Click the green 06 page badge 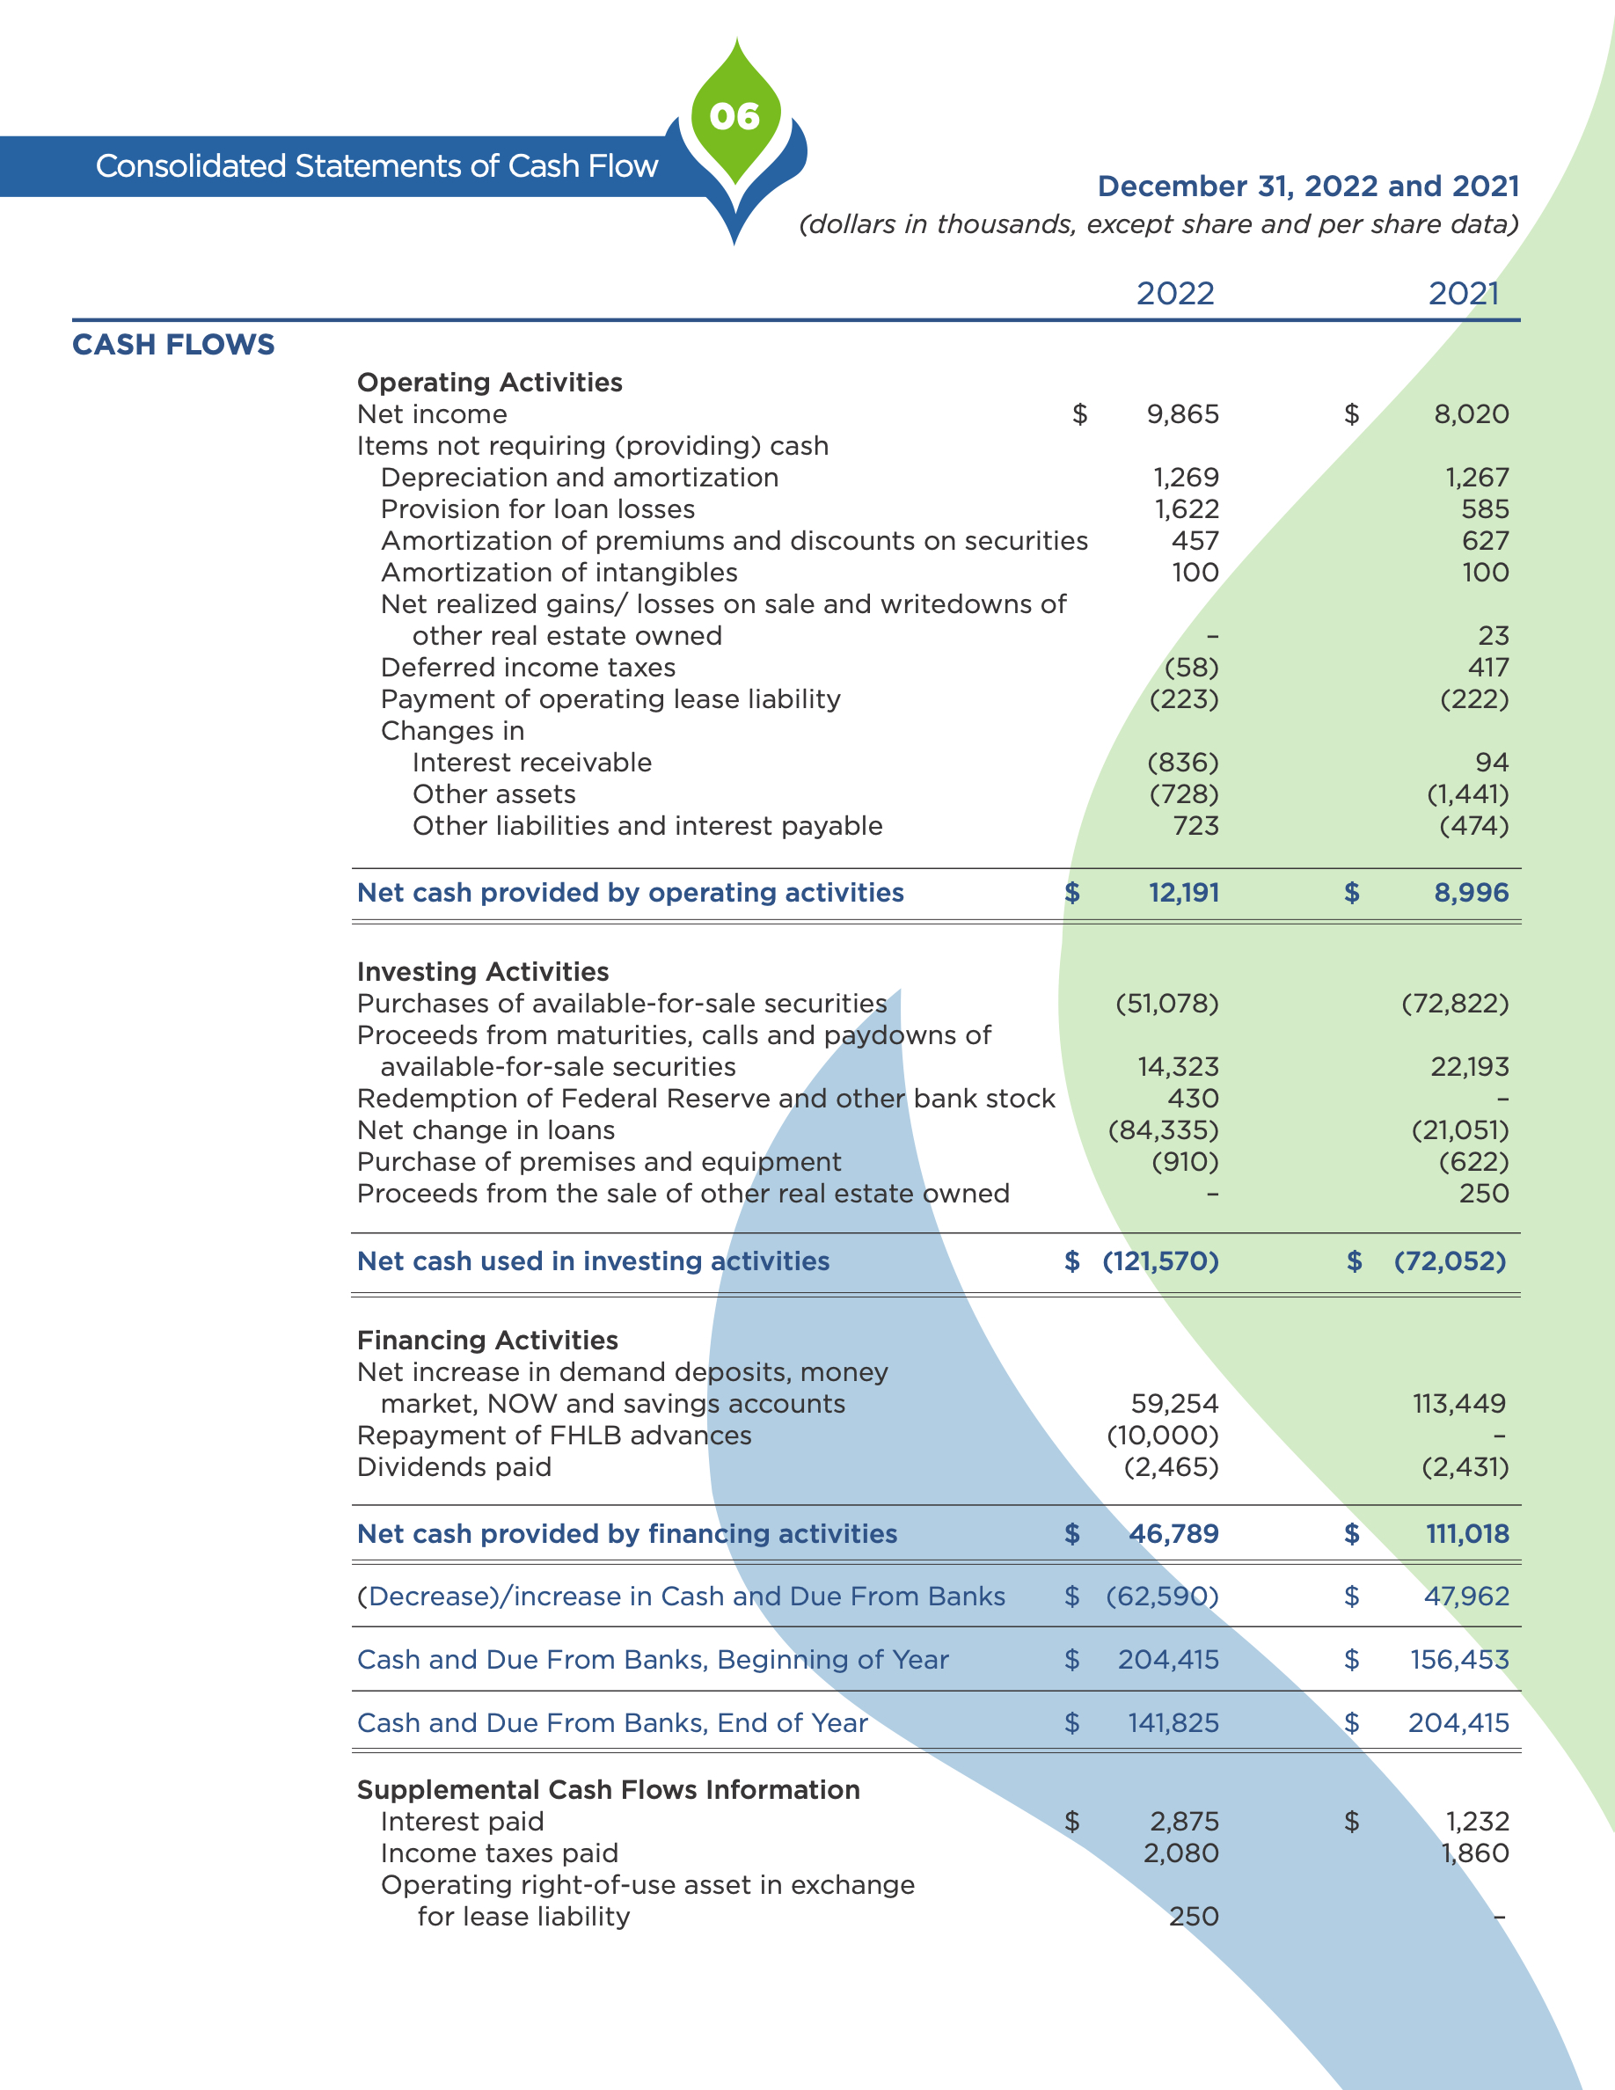pos(734,117)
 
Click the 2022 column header pos(1175,293)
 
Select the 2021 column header pos(1463,293)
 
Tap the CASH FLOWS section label pos(173,345)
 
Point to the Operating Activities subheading pos(489,382)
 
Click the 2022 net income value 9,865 pos(1182,414)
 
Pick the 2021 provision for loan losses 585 pos(1485,509)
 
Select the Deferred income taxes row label pos(527,667)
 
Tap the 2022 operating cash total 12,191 pos(1183,893)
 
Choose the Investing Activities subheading pos(482,971)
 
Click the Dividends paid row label pos(454,1467)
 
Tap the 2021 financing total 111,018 pos(1466,1534)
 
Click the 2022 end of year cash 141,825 pos(1173,1722)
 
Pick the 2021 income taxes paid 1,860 pos(1474,1852)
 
